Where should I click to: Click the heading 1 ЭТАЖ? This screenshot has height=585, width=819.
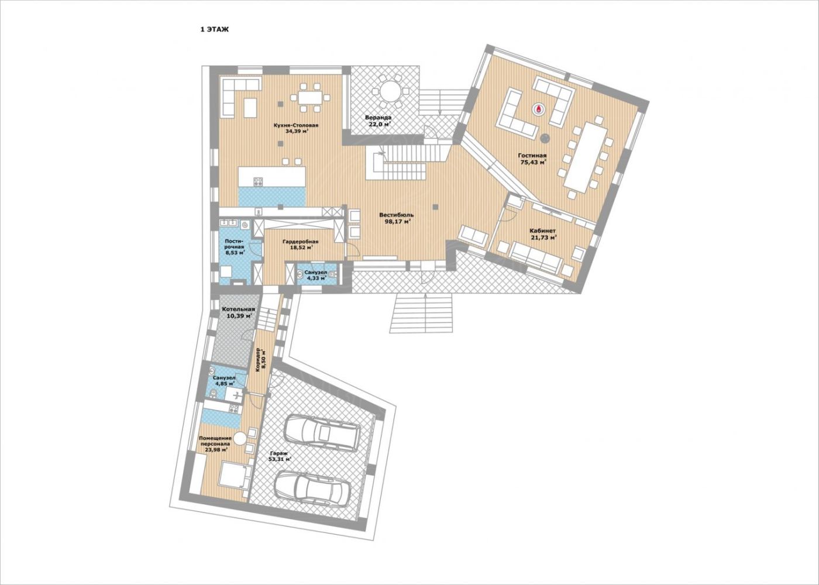tap(214, 30)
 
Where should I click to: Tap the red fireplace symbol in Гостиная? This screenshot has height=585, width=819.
tap(539, 109)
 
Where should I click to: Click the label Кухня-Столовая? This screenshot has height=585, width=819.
tap(296, 125)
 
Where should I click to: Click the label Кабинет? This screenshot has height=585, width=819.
tap(543, 230)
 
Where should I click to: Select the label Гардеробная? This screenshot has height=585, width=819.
tap(301, 242)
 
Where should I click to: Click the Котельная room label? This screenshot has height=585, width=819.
tap(239, 309)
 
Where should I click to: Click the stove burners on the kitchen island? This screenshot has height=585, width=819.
tap(258, 181)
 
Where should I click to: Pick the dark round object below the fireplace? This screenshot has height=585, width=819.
tap(545, 137)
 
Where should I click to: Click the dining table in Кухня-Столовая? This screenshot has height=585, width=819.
tap(310, 98)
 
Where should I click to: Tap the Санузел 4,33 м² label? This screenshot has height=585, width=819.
tap(316, 275)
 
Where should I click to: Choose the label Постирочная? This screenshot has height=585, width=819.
tap(235, 246)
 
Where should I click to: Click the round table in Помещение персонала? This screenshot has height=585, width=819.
tap(240, 438)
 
